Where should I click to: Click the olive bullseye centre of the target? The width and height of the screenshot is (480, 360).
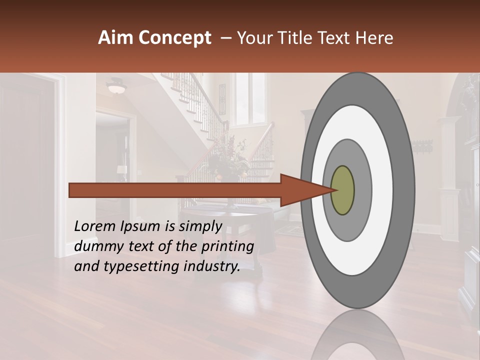342,190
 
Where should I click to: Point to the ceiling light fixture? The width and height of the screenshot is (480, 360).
116,87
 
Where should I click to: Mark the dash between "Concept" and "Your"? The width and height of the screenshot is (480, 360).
225,38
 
